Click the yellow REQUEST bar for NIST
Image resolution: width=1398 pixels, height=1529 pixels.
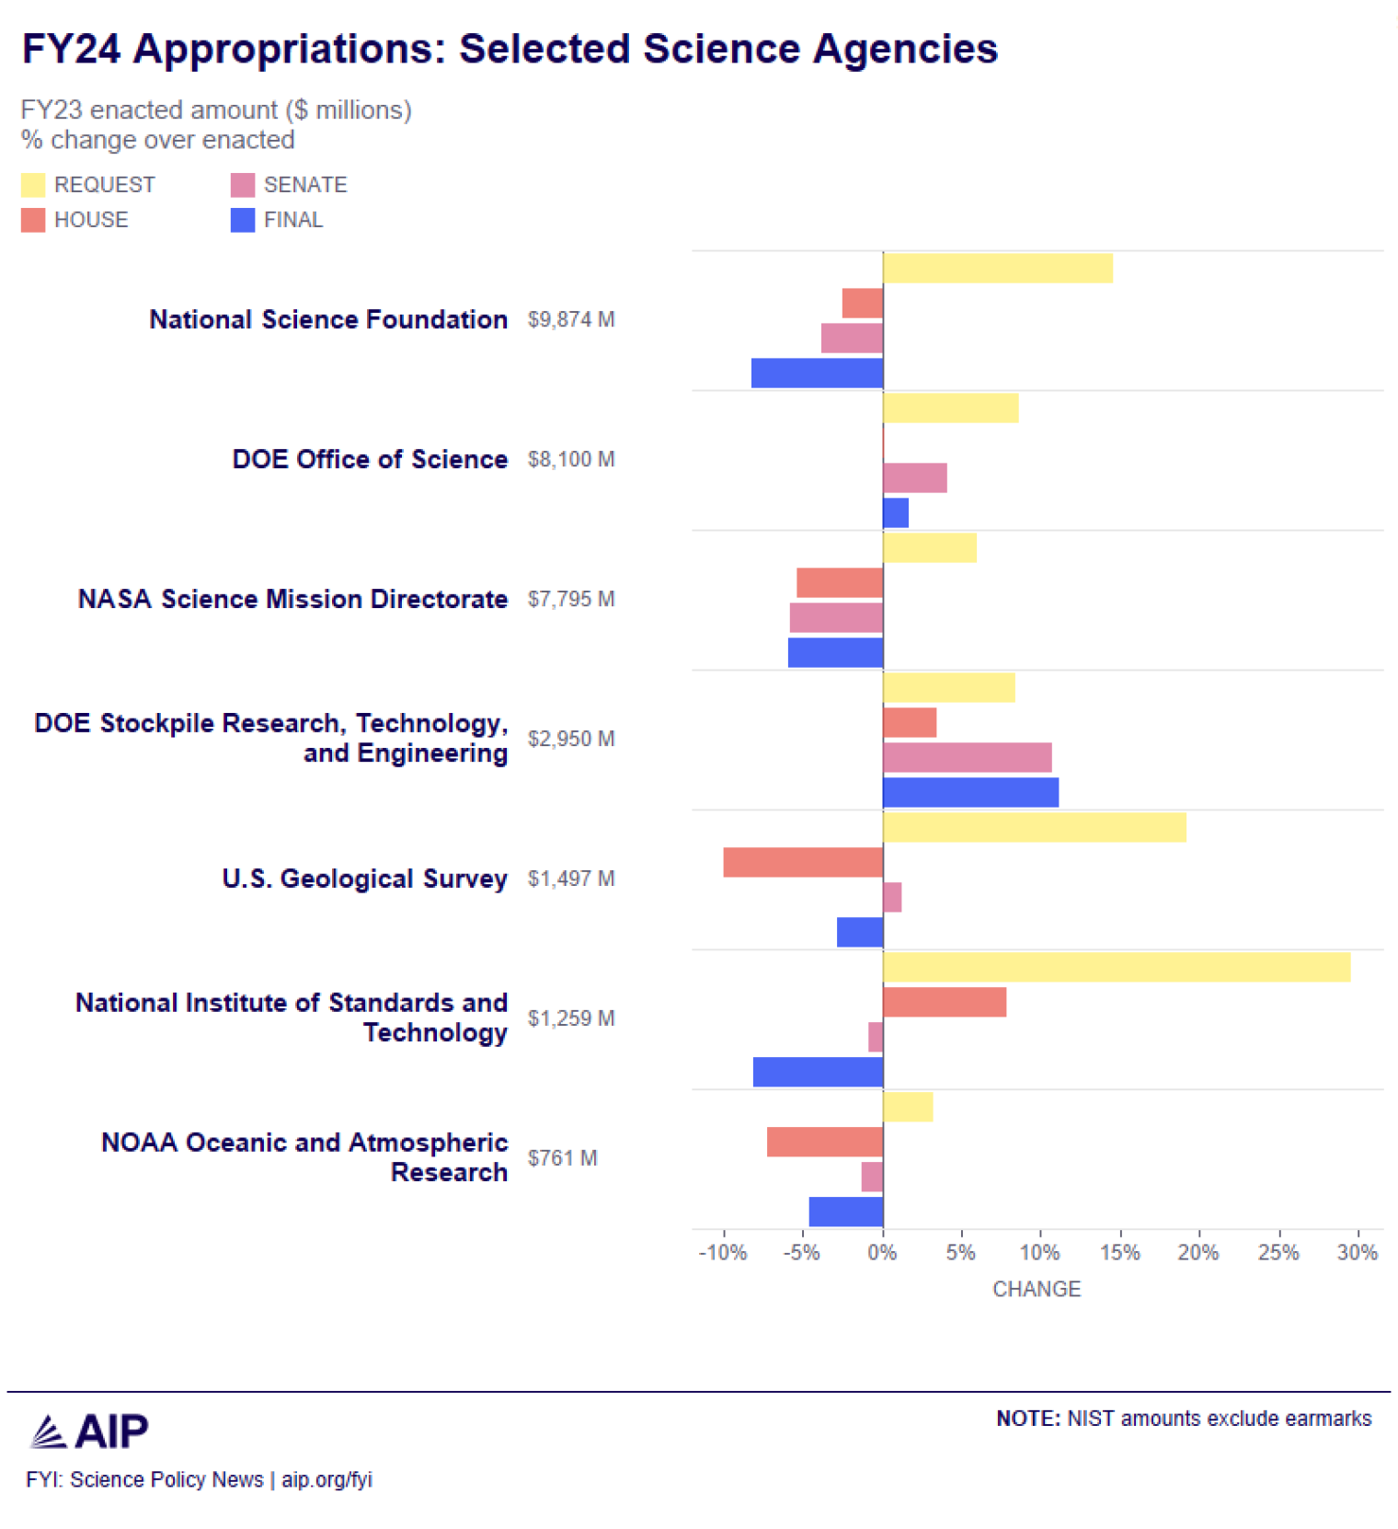1116,967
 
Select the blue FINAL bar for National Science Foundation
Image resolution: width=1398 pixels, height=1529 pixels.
817,373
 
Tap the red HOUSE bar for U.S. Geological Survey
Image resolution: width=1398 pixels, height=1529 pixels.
802,862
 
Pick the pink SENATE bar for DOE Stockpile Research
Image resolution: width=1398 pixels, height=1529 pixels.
967,757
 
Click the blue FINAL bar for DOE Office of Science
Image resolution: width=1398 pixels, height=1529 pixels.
895,512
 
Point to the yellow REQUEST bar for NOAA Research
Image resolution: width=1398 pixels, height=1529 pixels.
907,1107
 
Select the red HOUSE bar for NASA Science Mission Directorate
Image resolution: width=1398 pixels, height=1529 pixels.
839,582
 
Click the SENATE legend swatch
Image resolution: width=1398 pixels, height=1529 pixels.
243,185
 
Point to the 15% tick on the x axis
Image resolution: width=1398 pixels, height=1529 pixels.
1119,1252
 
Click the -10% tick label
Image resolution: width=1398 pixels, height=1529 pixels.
723,1252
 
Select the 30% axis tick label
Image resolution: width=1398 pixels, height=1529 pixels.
1357,1252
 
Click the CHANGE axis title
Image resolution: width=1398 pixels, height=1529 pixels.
1036,1289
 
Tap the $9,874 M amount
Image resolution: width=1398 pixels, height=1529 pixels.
570,319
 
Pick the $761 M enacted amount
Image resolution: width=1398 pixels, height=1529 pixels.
562,1157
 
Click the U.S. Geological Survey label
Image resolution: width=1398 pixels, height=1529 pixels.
364,879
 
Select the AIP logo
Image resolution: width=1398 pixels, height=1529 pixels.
89,1431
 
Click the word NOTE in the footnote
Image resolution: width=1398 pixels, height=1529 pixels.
1027,1418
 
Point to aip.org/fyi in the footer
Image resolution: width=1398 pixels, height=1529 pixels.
327,1479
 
